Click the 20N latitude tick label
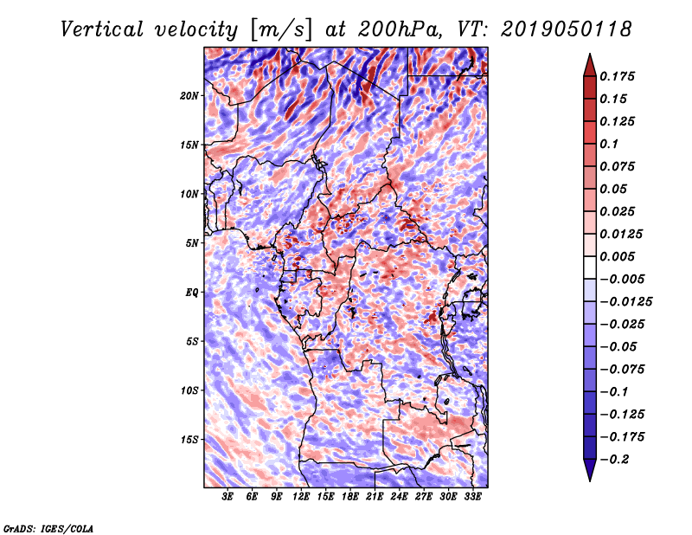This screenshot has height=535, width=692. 189,95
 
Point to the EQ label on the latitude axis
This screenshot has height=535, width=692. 192,292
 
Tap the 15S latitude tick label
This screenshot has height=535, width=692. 189,439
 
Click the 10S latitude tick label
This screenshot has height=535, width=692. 189,390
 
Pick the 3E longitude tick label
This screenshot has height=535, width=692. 227,497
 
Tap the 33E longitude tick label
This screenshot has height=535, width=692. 473,497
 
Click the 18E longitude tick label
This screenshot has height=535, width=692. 350,497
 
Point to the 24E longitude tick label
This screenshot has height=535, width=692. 400,497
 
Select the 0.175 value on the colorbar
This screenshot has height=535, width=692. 619,76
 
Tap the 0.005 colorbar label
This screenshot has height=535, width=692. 619,257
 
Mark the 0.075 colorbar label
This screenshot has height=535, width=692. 619,166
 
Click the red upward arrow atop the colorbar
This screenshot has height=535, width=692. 589,63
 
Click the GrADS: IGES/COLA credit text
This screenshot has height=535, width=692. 48,527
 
